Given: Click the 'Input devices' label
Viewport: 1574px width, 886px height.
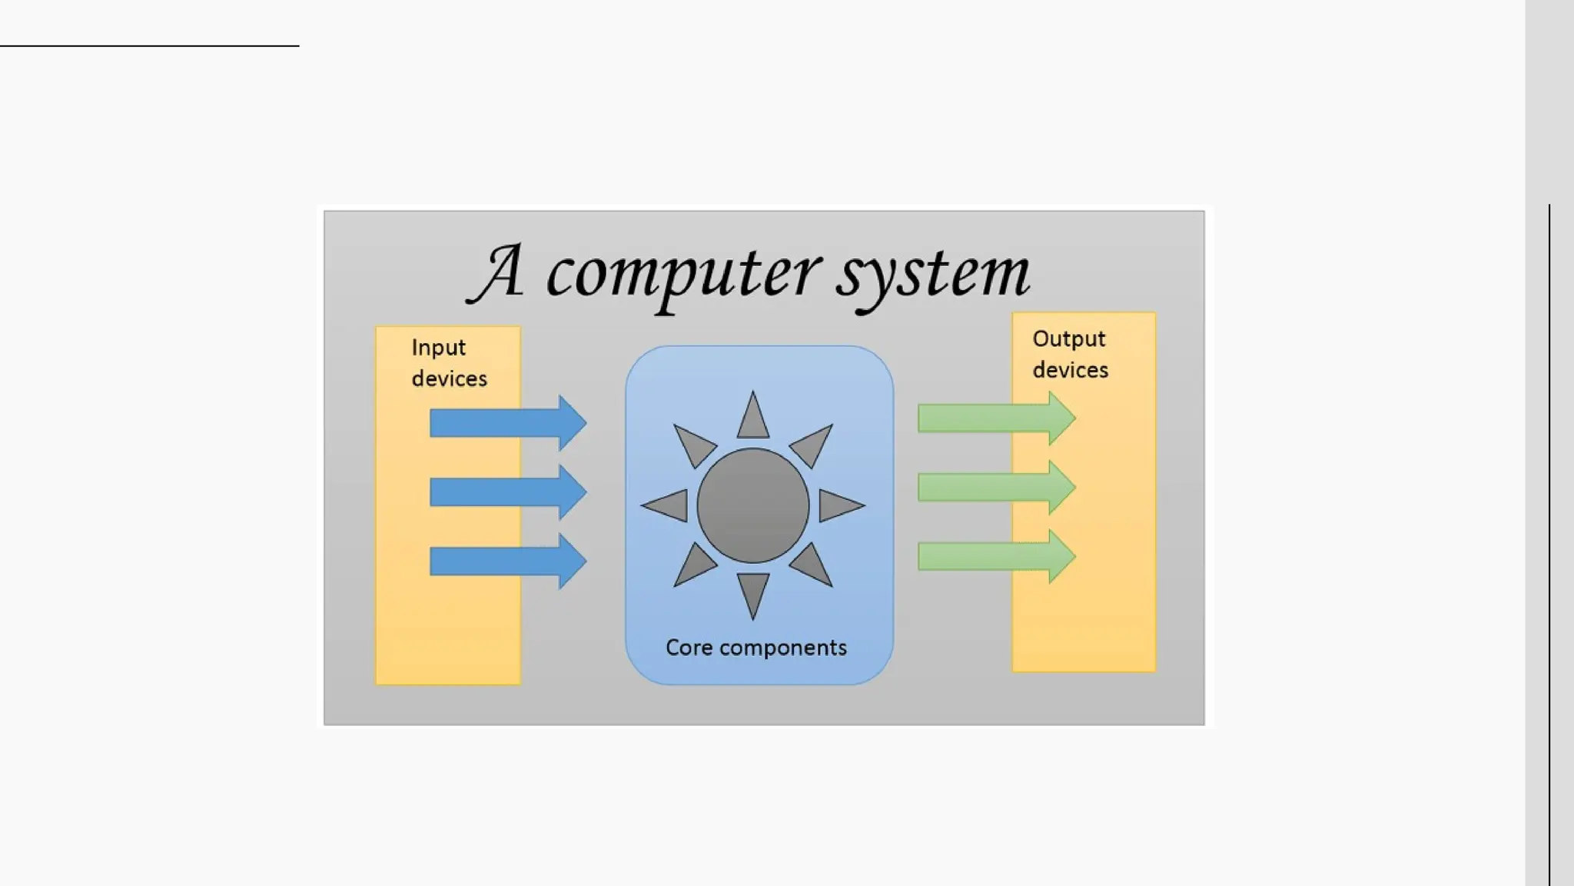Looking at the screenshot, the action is [449, 363].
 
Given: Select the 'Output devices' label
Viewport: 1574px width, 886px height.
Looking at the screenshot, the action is [1070, 355].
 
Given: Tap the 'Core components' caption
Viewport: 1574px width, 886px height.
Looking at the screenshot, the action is [756, 648].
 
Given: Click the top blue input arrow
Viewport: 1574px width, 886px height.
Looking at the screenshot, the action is [507, 423].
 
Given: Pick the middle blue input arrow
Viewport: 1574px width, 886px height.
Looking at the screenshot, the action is [507, 491].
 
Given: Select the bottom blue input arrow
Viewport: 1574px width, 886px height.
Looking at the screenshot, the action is [507, 561].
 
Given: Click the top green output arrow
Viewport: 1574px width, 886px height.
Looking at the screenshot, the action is [995, 418].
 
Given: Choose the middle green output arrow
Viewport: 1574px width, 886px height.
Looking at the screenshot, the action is [995, 487].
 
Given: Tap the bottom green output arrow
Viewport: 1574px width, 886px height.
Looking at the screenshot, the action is [995, 556].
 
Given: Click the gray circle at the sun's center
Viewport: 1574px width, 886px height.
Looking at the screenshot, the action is [753, 505].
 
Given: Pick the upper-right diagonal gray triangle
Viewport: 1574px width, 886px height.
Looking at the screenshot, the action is [814, 444].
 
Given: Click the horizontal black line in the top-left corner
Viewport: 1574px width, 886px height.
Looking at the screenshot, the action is [150, 46].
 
